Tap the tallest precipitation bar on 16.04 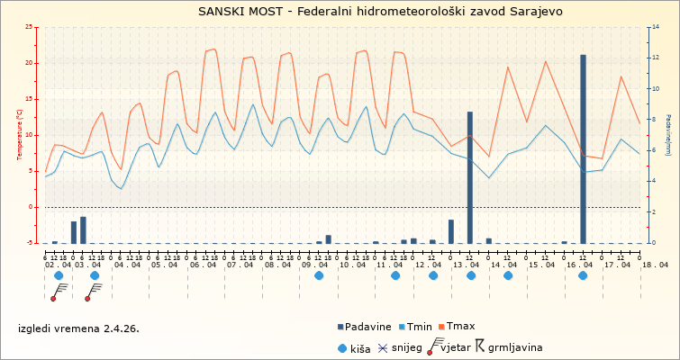click(583, 148)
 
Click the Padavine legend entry click(365, 326)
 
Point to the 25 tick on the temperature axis click(32, 27)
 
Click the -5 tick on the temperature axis click(32, 243)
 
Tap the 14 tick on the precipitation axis click(653, 27)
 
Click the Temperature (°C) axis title click(20, 135)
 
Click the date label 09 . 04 click(315, 265)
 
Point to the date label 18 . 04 click(655, 265)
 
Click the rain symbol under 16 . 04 click(583, 275)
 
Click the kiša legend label click(363, 347)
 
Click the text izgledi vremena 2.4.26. click(78, 328)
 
